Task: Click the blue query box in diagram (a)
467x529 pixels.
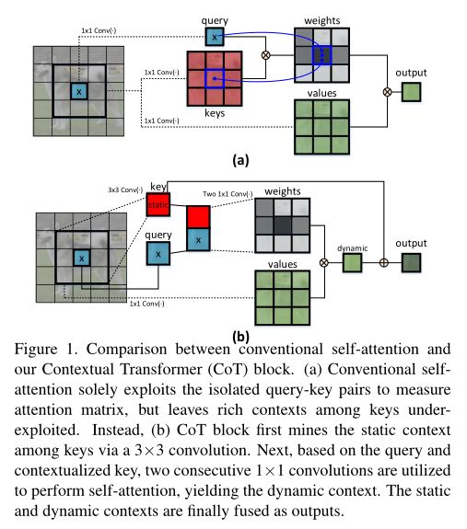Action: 215,37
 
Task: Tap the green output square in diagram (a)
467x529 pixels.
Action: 412,92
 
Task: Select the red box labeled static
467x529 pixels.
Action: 158,204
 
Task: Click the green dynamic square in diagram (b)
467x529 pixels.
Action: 353,263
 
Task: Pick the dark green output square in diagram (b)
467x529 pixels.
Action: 412,263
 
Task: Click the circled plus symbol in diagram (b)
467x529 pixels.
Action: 384,263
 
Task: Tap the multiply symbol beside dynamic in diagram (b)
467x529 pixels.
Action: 324,263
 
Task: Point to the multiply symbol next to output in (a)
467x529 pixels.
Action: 387,92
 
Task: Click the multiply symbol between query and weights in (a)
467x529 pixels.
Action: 266,55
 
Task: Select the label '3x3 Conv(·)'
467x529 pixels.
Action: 125,190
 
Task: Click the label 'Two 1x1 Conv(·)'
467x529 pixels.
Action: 228,194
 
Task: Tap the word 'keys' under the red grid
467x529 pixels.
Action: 215,113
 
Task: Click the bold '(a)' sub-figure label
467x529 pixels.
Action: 240,160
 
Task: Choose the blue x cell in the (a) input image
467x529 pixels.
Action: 79,91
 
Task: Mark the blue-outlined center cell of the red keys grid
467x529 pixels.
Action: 215,78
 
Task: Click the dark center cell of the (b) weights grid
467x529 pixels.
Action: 282,225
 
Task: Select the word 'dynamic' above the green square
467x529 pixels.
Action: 352,248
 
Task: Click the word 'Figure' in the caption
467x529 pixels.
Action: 36,349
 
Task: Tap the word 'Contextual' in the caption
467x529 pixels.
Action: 78,369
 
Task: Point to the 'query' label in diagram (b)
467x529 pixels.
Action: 158,235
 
